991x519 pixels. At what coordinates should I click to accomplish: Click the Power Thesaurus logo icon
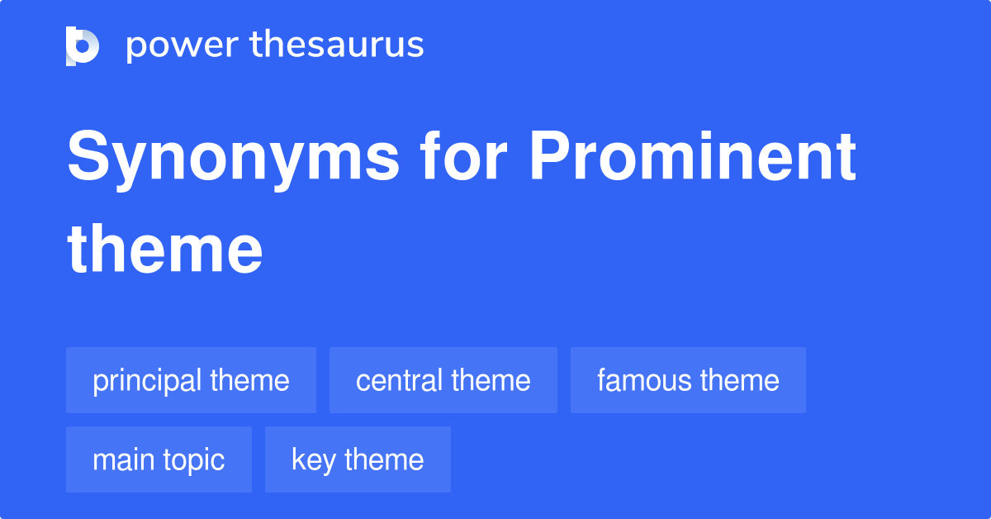83,45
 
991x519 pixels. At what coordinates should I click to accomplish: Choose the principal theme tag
191,380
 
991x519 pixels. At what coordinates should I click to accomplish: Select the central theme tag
443,380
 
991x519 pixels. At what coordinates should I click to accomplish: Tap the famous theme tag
688,380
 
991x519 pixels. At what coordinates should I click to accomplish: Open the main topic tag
159,459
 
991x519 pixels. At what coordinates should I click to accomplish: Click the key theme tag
358,459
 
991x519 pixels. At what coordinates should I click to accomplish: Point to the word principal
147,381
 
